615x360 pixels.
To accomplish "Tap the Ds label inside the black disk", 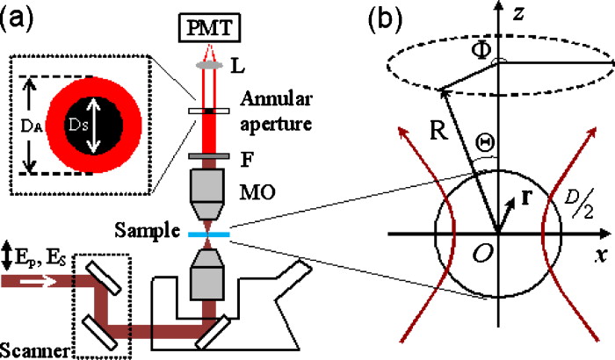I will pos(98,112).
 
